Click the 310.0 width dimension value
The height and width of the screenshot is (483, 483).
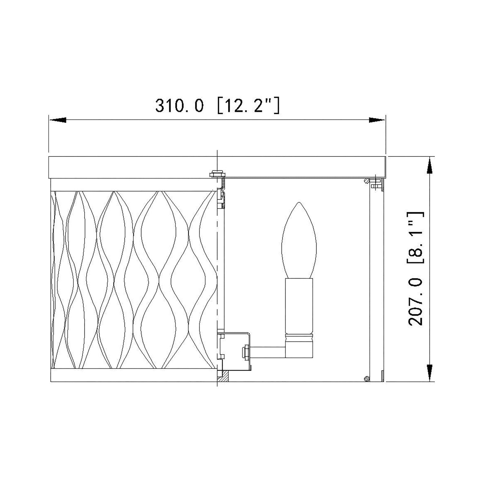pyautogui.click(x=179, y=106)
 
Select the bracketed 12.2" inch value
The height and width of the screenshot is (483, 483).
pyautogui.click(x=248, y=106)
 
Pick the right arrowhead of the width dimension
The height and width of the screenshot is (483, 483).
pyautogui.click(x=377, y=120)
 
